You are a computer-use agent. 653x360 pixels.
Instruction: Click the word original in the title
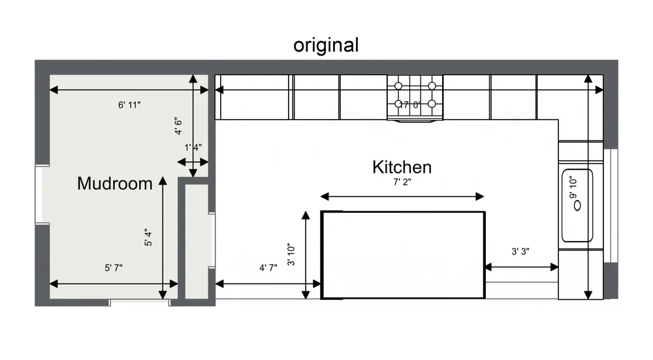pos(326,45)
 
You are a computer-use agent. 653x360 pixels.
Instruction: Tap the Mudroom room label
pos(114,184)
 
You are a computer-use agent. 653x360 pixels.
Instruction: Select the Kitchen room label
pos(402,167)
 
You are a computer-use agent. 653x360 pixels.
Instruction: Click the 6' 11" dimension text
pos(129,104)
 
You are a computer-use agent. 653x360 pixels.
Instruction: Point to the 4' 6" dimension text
pos(178,125)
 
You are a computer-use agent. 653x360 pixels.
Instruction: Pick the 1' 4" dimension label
pos(193,148)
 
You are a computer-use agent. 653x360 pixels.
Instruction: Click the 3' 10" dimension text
pos(291,255)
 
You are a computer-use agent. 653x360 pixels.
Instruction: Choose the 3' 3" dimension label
pos(523,252)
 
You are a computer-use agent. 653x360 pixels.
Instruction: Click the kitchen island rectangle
pos(403,255)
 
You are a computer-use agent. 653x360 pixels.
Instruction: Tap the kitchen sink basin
pos(577,205)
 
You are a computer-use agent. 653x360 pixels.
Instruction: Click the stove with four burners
pos(415,97)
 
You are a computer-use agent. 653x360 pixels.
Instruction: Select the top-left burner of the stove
pos(398,85)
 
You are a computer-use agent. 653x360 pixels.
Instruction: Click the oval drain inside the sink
pos(577,205)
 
